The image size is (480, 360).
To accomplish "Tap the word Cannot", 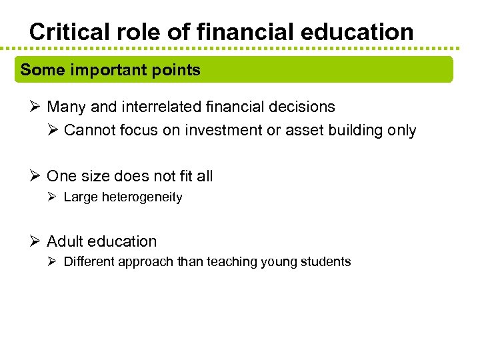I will tap(89, 131).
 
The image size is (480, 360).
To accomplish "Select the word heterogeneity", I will tap(142, 197).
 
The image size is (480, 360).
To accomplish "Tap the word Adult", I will tap(64, 241).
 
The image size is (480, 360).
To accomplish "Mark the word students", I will tap(326, 262).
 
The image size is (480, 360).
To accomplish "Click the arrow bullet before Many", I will tap(36, 107).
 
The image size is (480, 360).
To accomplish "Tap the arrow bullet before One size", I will tap(36, 176).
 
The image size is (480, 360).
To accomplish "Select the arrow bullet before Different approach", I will tap(53, 262).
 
